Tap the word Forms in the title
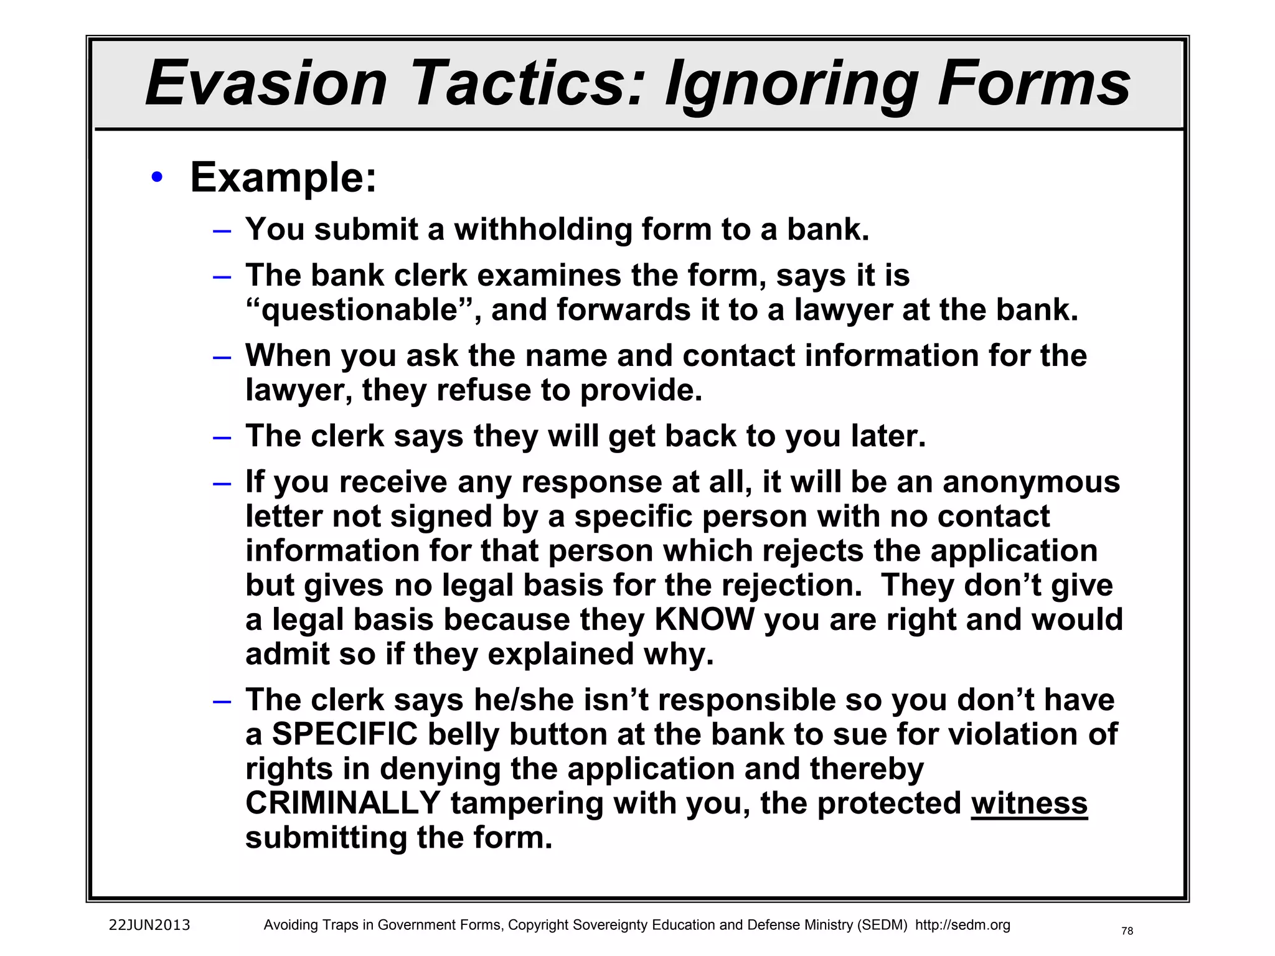coord(1034,83)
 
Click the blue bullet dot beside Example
coord(157,178)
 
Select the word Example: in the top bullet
coord(283,178)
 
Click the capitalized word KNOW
coord(704,620)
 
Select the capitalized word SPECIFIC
coord(344,734)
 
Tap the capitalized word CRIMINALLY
coord(343,803)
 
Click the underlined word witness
coord(1029,803)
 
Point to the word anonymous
coord(1031,482)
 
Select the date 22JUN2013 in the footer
coord(149,925)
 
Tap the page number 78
coord(1127,931)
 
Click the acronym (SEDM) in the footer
coord(882,925)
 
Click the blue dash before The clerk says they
coord(222,437)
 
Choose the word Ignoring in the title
coord(791,83)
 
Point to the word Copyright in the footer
coord(539,925)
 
